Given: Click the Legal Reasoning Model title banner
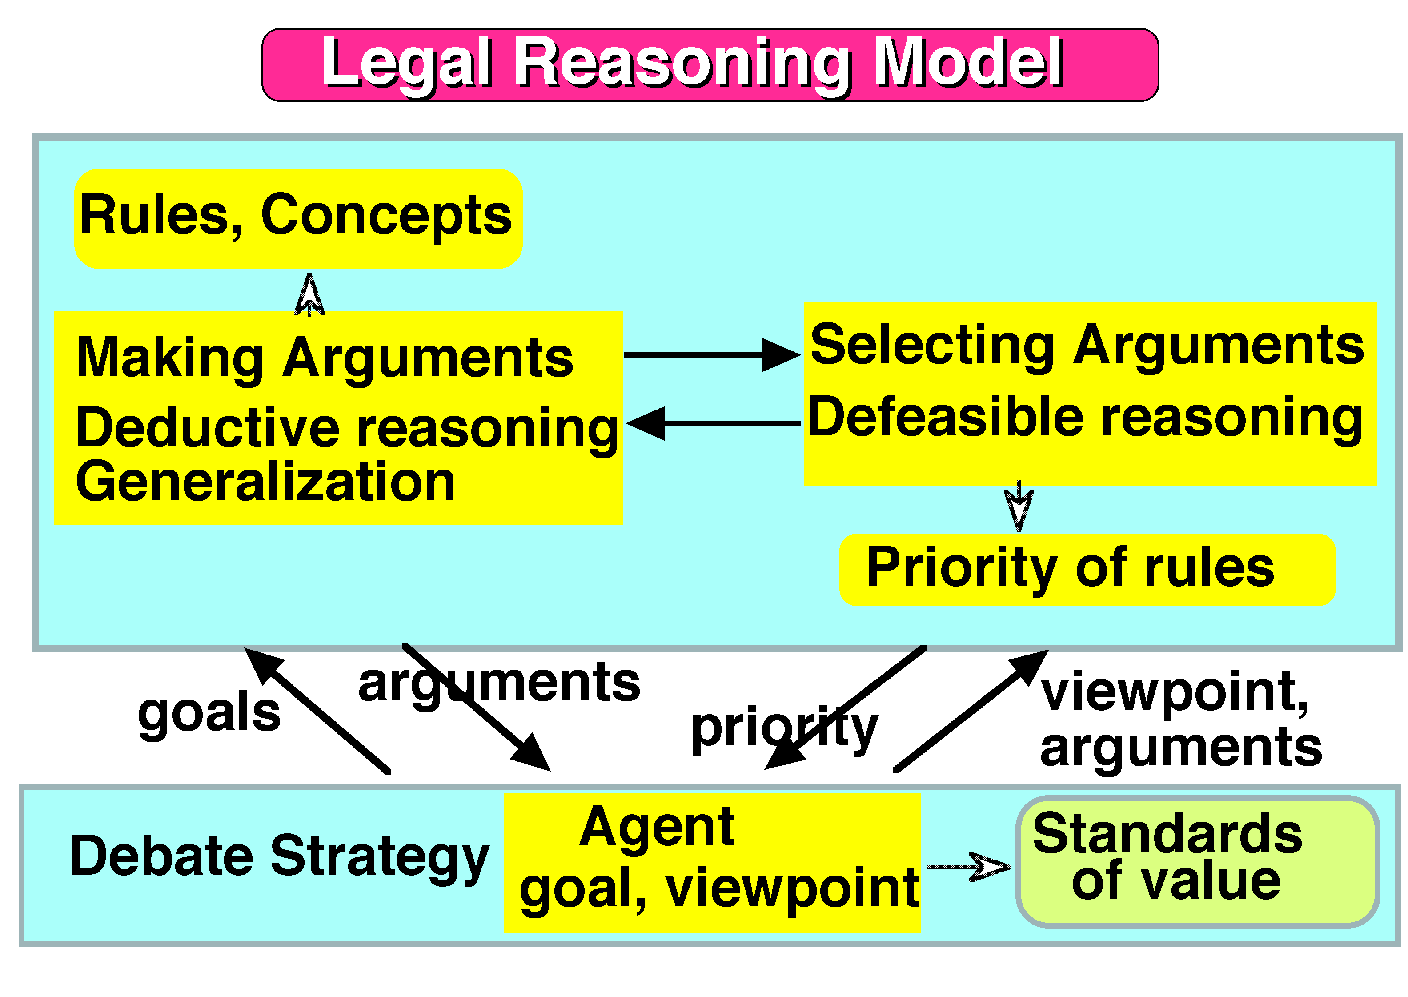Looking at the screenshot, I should tap(710, 64).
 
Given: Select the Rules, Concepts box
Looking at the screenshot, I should tap(298, 218).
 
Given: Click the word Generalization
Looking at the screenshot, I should tap(265, 482).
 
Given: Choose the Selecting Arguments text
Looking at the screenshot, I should tap(1087, 345).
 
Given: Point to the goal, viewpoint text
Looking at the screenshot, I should tap(718, 888).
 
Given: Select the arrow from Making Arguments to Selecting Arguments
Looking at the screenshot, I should tap(712, 355).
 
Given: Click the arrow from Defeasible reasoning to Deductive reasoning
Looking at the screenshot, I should tap(712, 424).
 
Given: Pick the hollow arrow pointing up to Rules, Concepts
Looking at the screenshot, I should tap(309, 295).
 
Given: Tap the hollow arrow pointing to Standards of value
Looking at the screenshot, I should tap(970, 867).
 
